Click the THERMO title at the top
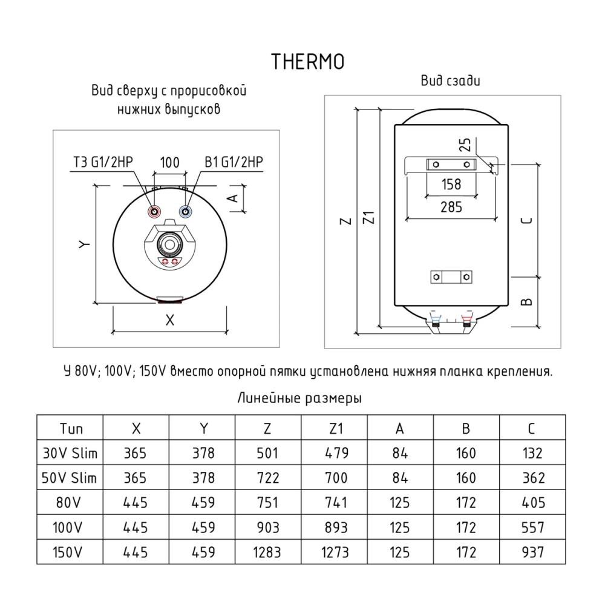tap(308, 62)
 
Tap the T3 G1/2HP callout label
tap(103, 162)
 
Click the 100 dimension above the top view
tap(169, 162)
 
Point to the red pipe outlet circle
tap(155, 211)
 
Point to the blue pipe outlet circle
tap(185, 211)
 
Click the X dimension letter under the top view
tap(169, 321)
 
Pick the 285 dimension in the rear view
tap(451, 208)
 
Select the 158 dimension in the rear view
tap(451, 185)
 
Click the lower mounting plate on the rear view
tap(451, 276)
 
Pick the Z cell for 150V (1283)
tap(267, 552)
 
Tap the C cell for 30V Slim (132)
tap(532, 453)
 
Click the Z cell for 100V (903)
tap(267, 528)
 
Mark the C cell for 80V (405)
tap(532, 503)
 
